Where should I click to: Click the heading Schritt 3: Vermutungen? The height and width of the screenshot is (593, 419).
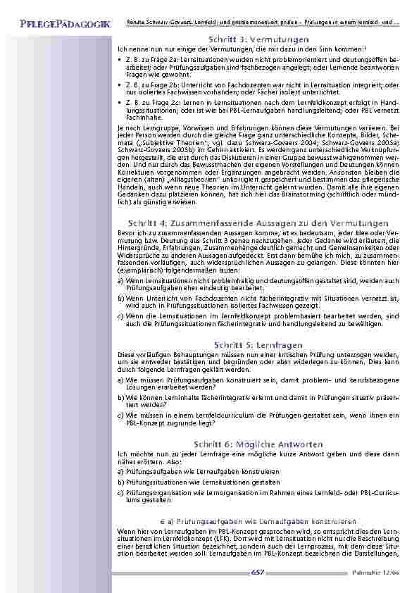coord(259,39)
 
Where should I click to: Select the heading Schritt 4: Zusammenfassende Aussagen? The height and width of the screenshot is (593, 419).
coord(259,223)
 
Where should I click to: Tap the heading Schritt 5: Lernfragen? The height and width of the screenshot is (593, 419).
coord(259,345)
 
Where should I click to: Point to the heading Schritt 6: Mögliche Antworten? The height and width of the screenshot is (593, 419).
coord(259,444)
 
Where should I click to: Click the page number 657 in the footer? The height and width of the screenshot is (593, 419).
coord(258,573)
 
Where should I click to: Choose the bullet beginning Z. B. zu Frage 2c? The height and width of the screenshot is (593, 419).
coord(261,109)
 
